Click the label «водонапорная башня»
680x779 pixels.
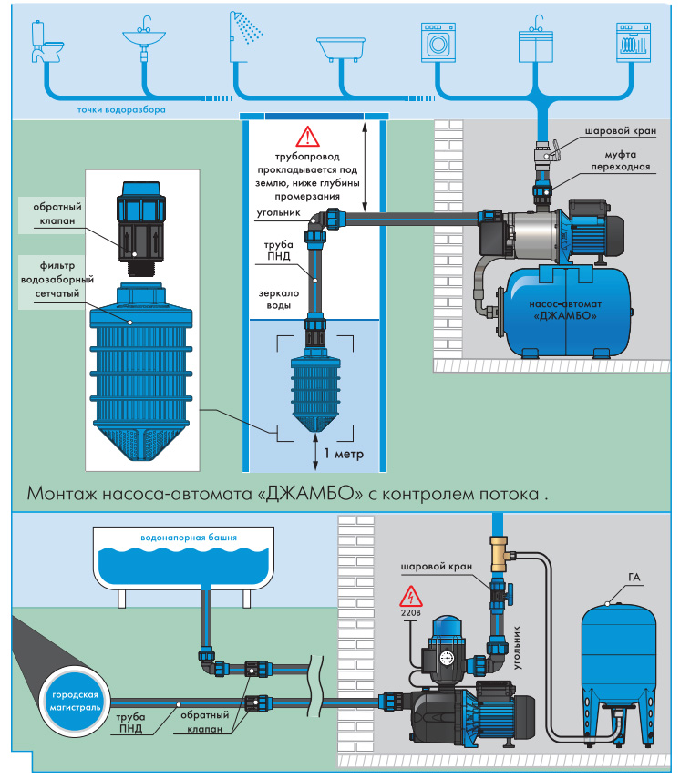(189, 538)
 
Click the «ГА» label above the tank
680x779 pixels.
(634, 578)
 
